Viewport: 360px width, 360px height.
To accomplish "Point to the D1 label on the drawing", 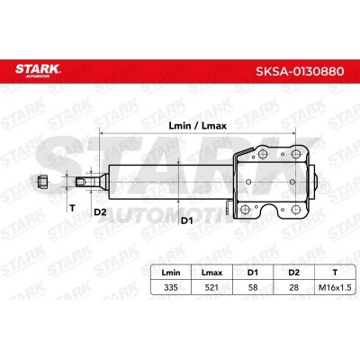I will pos(186,219).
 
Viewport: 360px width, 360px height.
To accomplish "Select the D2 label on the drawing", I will pos(101,212).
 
